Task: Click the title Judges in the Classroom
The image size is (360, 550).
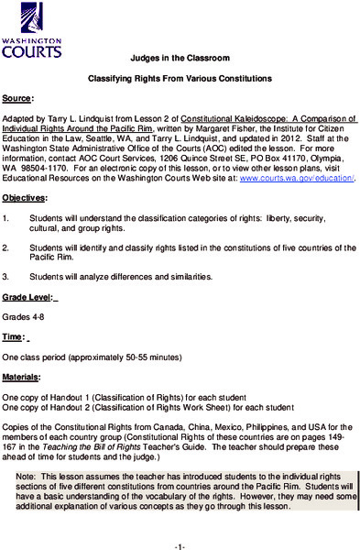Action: pos(180,56)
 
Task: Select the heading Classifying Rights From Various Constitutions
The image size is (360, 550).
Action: pos(180,81)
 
